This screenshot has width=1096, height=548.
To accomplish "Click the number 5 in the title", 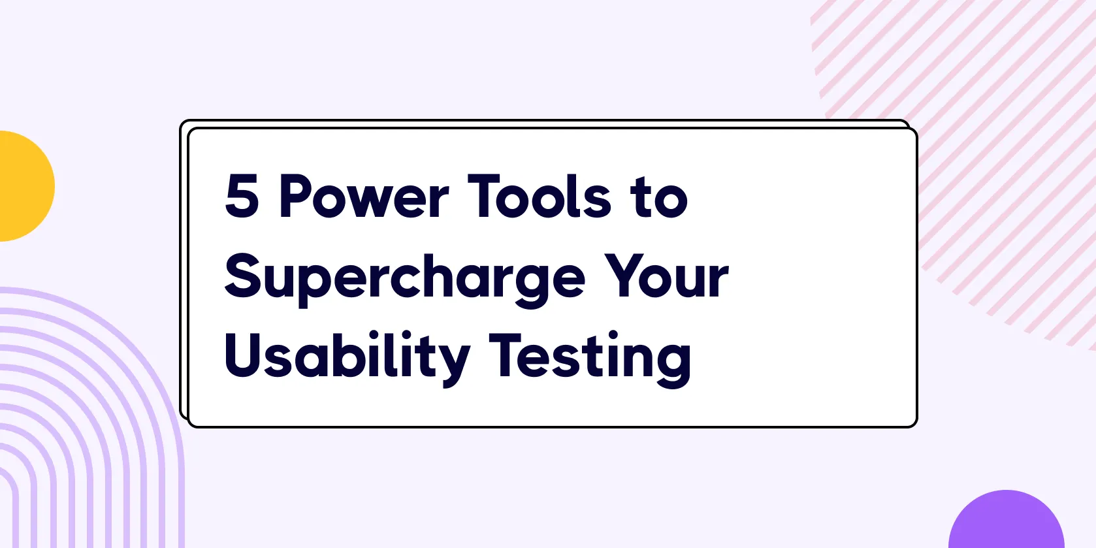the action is pyautogui.click(x=242, y=195).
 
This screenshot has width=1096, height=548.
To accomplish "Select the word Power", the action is pyautogui.click(x=364, y=195).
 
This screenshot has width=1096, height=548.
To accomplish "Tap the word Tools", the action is pyautogui.click(x=540, y=195).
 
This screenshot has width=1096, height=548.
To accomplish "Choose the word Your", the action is pyautogui.click(x=666, y=276).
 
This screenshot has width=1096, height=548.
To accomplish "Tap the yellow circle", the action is pyautogui.click(x=24, y=186).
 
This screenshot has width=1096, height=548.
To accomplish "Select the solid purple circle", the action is pyautogui.click(x=1007, y=519).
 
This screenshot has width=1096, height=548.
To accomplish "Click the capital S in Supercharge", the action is pyautogui.click(x=243, y=276).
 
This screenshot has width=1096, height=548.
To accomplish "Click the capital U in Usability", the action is pyautogui.click(x=243, y=355).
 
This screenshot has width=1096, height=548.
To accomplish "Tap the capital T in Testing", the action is pyautogui.click(x=508, y=355).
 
